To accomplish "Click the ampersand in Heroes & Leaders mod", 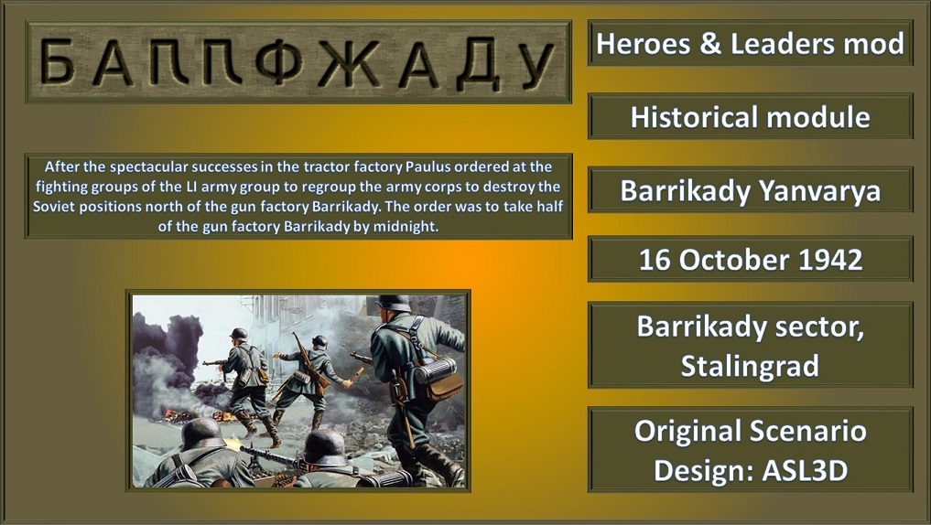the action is pos(710,44).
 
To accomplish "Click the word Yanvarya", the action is pos(819,191).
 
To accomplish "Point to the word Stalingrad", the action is pos(750,366).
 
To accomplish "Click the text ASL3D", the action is pos(804,471).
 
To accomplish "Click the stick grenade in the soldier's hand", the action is pos(355,376).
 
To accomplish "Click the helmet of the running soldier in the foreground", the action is pos(393,304).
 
